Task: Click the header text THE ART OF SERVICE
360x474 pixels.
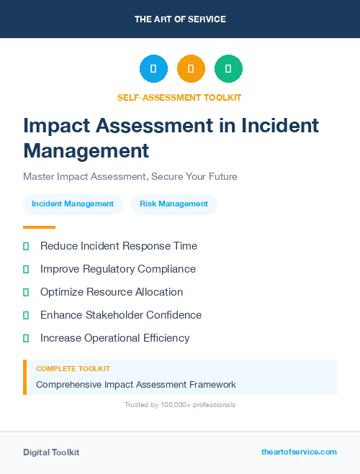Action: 180,19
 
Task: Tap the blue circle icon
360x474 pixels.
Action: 153,69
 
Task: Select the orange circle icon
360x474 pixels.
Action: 191,69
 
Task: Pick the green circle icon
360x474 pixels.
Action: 228,69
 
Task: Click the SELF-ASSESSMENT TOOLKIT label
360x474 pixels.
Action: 179,97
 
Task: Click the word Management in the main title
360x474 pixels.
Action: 86,150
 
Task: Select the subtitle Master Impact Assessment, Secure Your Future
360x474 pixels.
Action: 130,176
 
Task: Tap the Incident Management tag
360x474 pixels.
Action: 73,204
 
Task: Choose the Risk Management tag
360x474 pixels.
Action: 174,204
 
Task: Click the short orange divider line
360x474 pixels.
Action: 39,227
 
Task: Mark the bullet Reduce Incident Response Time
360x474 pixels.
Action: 118,246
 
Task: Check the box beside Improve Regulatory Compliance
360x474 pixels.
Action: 26,269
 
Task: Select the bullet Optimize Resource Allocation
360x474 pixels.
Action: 112,292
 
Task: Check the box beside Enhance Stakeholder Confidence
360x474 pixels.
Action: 26,315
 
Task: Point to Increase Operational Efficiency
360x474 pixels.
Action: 114,338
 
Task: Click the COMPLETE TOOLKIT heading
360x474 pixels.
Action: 73,368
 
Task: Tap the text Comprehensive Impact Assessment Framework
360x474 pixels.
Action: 136,385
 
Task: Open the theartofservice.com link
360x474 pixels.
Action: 299,452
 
